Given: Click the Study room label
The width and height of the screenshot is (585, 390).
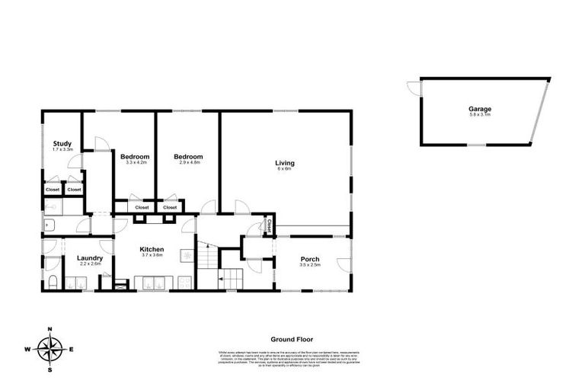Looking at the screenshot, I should pos(62,143).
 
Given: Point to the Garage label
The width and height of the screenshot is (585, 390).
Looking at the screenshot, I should pos(479,109).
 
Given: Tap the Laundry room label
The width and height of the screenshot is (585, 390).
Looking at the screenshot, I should pos(90,258).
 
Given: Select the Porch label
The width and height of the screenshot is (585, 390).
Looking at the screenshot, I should pos(310,258).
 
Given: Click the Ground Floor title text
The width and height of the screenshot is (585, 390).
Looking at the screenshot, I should pos(292,340).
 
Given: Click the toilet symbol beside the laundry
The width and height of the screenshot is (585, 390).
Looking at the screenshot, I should pos(51,283).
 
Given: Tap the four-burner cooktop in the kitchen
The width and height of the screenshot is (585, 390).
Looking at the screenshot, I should pos(186,282).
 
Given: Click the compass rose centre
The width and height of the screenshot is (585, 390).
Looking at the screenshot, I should pos(50,350).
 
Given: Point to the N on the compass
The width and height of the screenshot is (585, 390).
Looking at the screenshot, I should pos(50,329).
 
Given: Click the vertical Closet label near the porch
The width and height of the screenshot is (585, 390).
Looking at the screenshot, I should pos(270,225).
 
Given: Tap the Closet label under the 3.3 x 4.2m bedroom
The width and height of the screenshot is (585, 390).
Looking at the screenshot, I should pos(142,207).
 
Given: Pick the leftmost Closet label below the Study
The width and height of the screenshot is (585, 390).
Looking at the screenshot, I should pos(52,190).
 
